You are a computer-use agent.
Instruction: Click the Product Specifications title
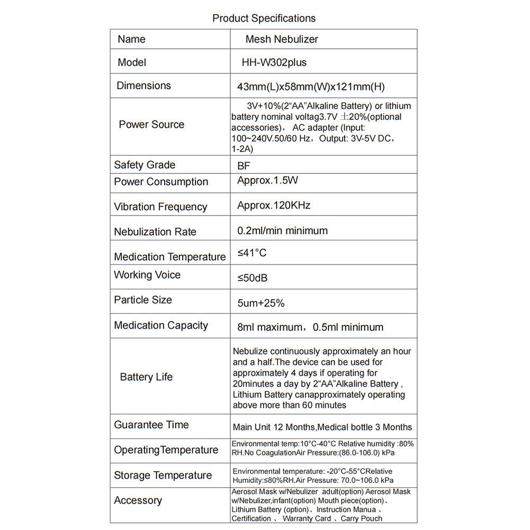[x=264, y=18]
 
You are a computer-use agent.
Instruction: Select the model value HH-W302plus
[x=274, y=62]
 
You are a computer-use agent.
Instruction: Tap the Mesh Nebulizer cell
[x=281, y=39]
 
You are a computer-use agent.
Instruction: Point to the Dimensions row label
[x=143, y=86]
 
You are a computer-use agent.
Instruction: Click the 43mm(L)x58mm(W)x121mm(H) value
[x=311, y=87]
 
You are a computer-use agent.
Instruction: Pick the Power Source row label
[x=151, y=124]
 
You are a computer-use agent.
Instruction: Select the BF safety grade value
[x=244, y=166]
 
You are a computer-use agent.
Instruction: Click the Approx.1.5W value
[x=267, y=181]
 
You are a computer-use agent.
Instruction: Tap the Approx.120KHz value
[x=274, y=205]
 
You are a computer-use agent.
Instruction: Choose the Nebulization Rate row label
[x=155, y=232]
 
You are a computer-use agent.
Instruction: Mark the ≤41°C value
[x=251, y=253]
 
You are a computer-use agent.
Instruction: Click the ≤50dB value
[x=256, y=278]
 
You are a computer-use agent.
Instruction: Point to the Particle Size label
[x=142, y=300]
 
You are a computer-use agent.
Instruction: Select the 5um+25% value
[x=261, y=303]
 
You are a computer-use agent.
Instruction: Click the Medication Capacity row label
[x=160, y=326]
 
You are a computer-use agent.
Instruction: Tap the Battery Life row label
[x=146, y=377]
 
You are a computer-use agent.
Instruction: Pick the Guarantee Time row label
[x=151, y=425]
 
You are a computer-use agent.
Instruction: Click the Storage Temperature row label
[x=163, y=475]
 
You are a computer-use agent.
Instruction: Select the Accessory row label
[x=138, y=500]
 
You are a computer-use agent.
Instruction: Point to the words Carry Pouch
[x=362, y=519]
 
